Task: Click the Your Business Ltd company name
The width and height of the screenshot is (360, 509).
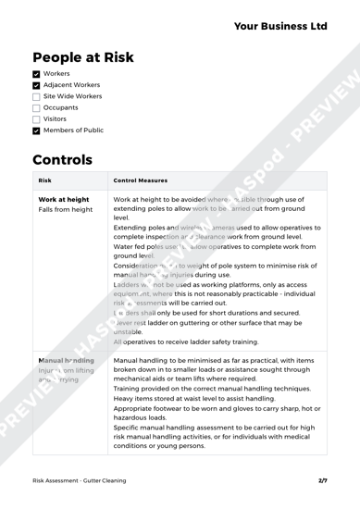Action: coord(276,25)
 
